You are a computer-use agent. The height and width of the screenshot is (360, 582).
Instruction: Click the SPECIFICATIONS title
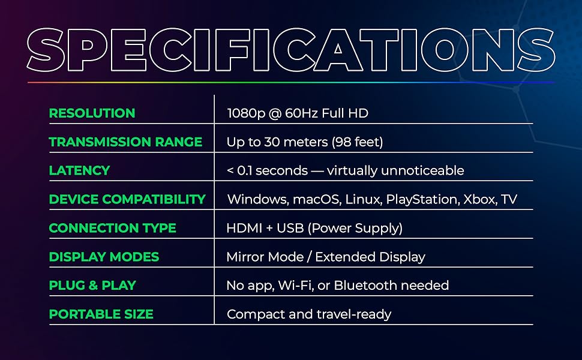[x=291, y=49]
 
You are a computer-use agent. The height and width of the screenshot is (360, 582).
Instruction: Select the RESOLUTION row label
[x=92, y=113]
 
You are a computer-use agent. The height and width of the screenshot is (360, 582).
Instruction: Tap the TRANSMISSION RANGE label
[x=125, y=142]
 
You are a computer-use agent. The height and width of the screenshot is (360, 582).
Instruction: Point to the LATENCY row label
[x=79, y=170]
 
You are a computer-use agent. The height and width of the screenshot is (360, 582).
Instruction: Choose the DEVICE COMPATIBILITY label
[x=127, y=199]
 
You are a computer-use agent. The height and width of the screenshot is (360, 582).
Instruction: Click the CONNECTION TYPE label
[x=112, y=228]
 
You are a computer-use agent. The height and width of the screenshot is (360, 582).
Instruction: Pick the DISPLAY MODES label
[x=104, y=257]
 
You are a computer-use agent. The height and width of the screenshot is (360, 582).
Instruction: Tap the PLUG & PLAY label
[x=92, y=286]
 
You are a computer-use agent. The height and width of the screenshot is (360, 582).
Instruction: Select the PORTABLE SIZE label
[x=101, y=314]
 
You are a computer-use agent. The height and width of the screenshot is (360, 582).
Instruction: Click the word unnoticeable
[x=424, y=171]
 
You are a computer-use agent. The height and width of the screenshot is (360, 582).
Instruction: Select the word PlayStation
[x=422, y=200]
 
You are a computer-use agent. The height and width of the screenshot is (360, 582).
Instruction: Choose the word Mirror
[x=245, y=257]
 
